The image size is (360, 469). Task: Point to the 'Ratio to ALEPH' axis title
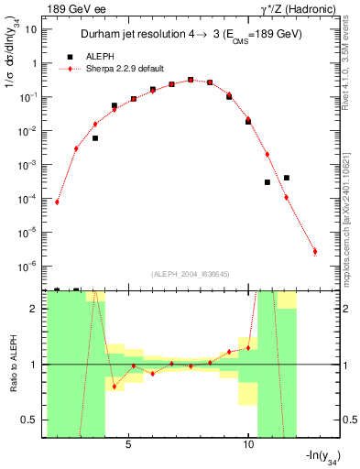[x=11, y=364]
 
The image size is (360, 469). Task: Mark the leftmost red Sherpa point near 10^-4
[x=57, y=202]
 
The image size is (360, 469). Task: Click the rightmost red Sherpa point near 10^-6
[x=314, y=251]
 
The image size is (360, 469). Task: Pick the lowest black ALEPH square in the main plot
[x=267, y=182]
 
